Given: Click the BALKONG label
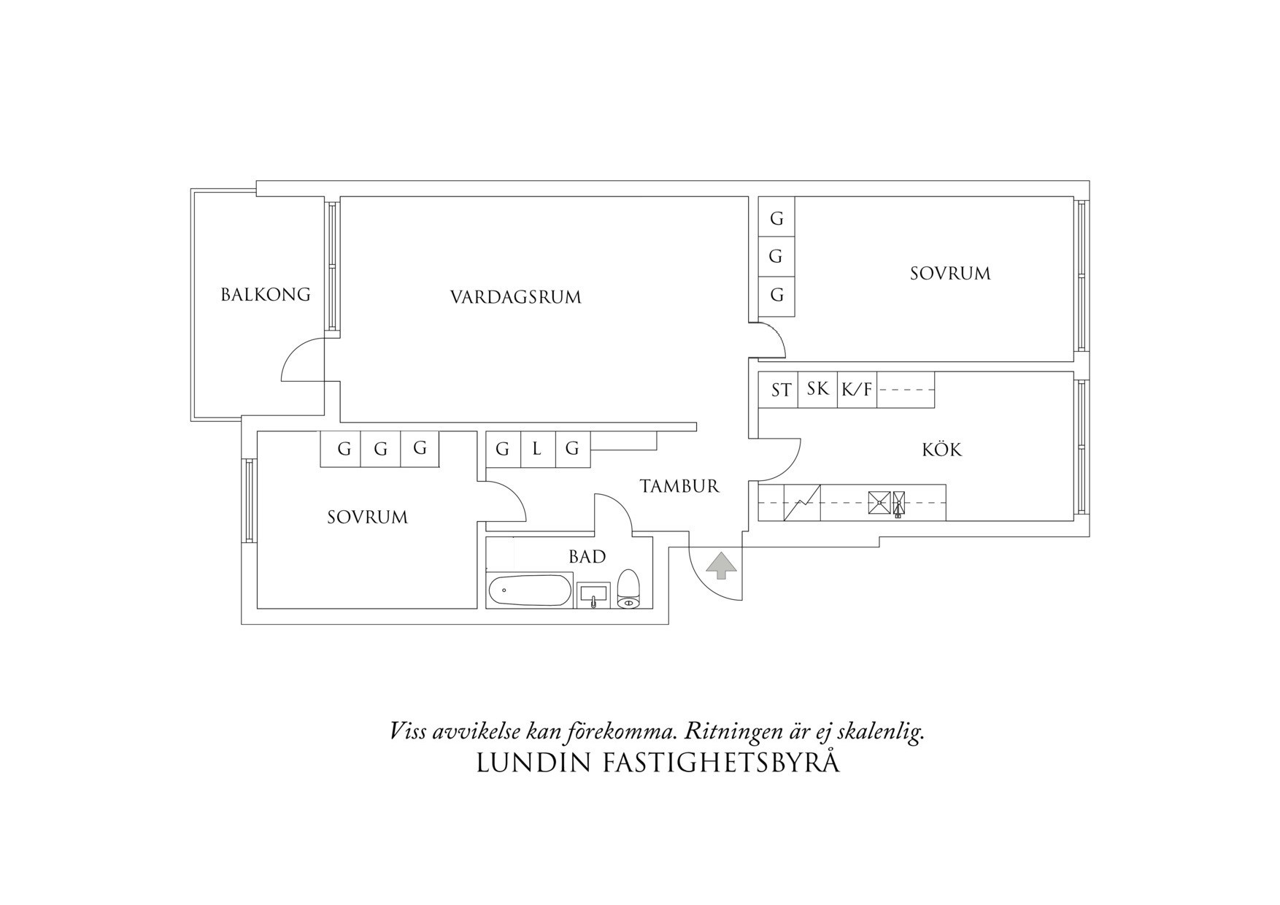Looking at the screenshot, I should tap(266, 295).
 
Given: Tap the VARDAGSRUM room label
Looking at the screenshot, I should tap(515, 298).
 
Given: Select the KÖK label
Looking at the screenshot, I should tap(941, 450).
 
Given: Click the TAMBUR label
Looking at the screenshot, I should tap(679, 486).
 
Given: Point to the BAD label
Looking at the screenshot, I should tap(587, 557).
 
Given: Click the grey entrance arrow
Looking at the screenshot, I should tap(721, 566).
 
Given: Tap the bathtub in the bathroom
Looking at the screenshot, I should tap(530, 590).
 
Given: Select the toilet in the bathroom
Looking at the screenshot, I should tap(628, 590).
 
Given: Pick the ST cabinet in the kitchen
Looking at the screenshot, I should tap(780, 390).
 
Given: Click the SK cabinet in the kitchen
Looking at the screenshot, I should tap(817, 389).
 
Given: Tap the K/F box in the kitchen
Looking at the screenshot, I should tap(857, 390).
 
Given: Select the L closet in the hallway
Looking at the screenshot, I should tap(537, 449).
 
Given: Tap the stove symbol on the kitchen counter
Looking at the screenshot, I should tap(879, 503).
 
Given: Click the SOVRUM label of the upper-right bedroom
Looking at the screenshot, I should tap(949, 274).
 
